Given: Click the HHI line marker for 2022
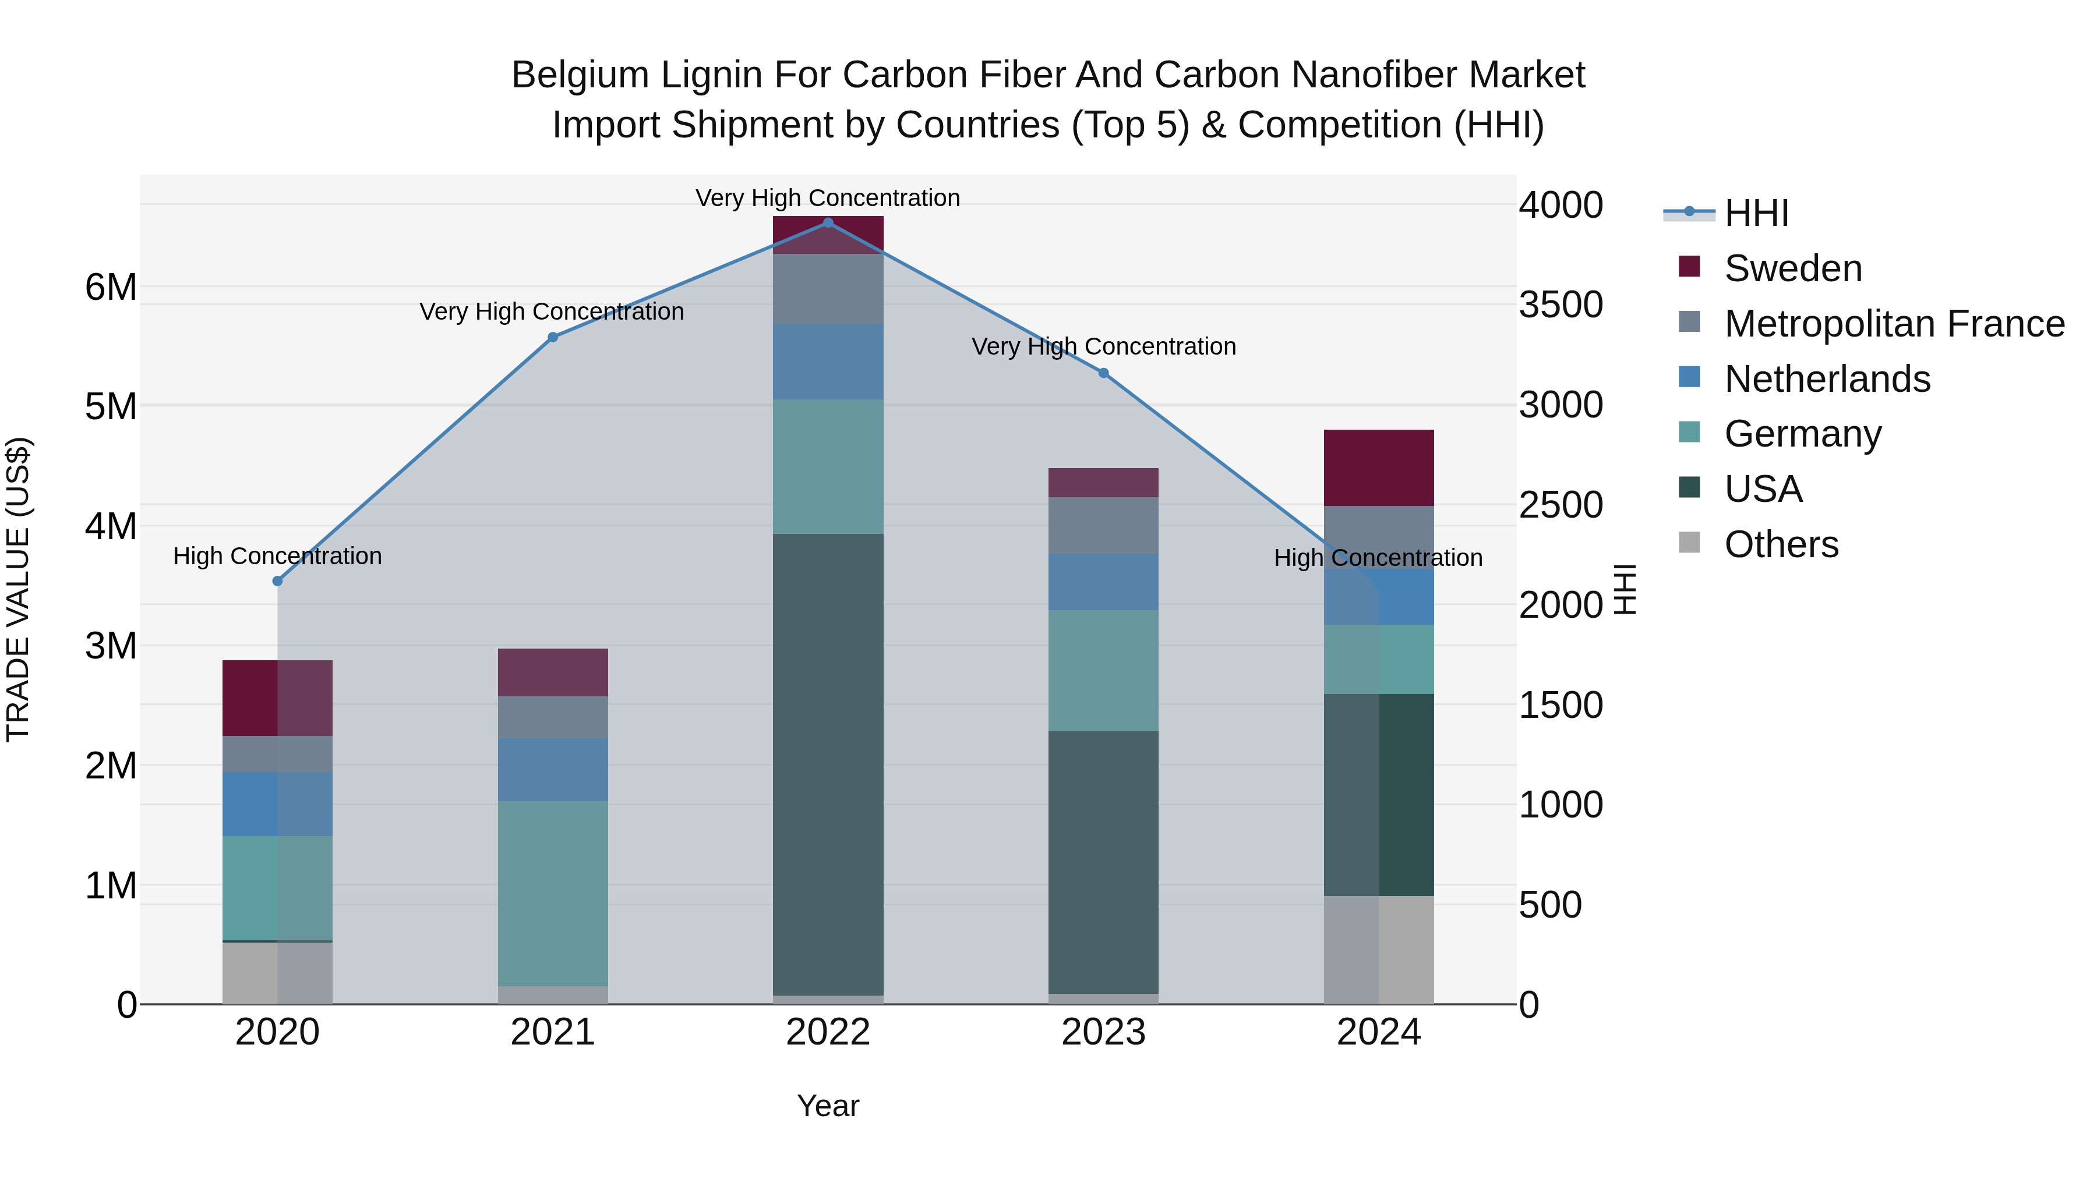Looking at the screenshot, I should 828,223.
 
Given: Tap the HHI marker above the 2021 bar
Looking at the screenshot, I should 553,337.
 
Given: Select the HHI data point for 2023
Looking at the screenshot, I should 1103,373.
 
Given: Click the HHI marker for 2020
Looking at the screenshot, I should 278,581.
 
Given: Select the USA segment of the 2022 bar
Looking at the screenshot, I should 828,765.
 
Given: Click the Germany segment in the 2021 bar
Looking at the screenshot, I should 553,893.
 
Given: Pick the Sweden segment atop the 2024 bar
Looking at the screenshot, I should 1378,468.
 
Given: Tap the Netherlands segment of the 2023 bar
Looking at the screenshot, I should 1103,582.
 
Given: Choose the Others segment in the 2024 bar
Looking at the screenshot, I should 1378,950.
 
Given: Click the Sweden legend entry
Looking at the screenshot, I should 1792,268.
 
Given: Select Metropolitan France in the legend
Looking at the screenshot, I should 1894,324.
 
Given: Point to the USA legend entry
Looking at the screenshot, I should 1763,489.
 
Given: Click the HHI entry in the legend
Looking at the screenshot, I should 1756,213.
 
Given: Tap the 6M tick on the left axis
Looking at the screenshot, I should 111,287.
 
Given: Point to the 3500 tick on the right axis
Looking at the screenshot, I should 1561,305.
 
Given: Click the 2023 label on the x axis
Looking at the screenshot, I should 1103,1032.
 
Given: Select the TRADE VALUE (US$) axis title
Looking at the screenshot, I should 18,589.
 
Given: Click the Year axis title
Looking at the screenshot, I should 828,1106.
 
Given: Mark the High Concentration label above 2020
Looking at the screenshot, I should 278,557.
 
